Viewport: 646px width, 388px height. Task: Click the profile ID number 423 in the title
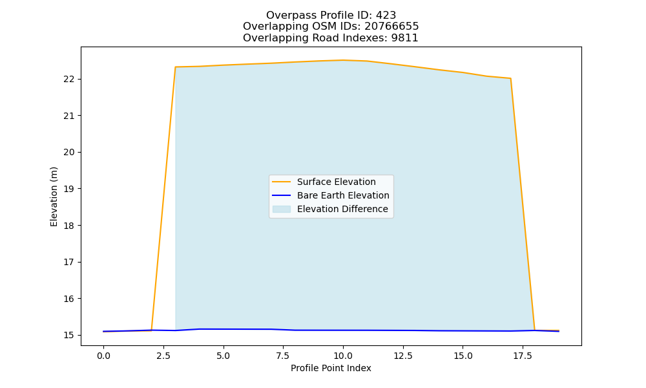(386, 16)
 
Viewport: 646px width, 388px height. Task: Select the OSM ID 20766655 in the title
(391, 27)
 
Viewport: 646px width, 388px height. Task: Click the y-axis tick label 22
(69, 79)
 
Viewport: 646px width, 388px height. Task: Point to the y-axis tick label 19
(69, 189)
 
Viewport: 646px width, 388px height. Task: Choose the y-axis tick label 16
(69, 299)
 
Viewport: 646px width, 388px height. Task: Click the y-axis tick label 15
(69, 335)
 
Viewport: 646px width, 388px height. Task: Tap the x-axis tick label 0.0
(104, 356)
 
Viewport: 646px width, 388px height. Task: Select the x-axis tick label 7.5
(284, 356)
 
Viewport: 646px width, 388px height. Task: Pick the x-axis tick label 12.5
(403, 356)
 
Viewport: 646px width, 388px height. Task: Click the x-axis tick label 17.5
(523, 356)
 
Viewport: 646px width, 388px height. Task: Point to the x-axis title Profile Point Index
(331, 368)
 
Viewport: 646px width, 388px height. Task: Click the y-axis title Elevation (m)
(54, 197)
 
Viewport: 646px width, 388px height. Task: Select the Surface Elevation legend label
(336, 182)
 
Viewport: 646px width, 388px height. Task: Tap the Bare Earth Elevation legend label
(343, 195)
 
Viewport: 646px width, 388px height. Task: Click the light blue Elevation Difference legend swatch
(282, 209)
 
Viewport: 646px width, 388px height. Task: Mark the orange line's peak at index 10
(343, 60)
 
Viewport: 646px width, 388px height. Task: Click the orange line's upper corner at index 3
(176, 67)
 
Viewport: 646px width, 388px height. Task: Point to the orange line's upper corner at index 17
(510, 78)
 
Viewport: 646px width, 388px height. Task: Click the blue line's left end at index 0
(104, 331)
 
